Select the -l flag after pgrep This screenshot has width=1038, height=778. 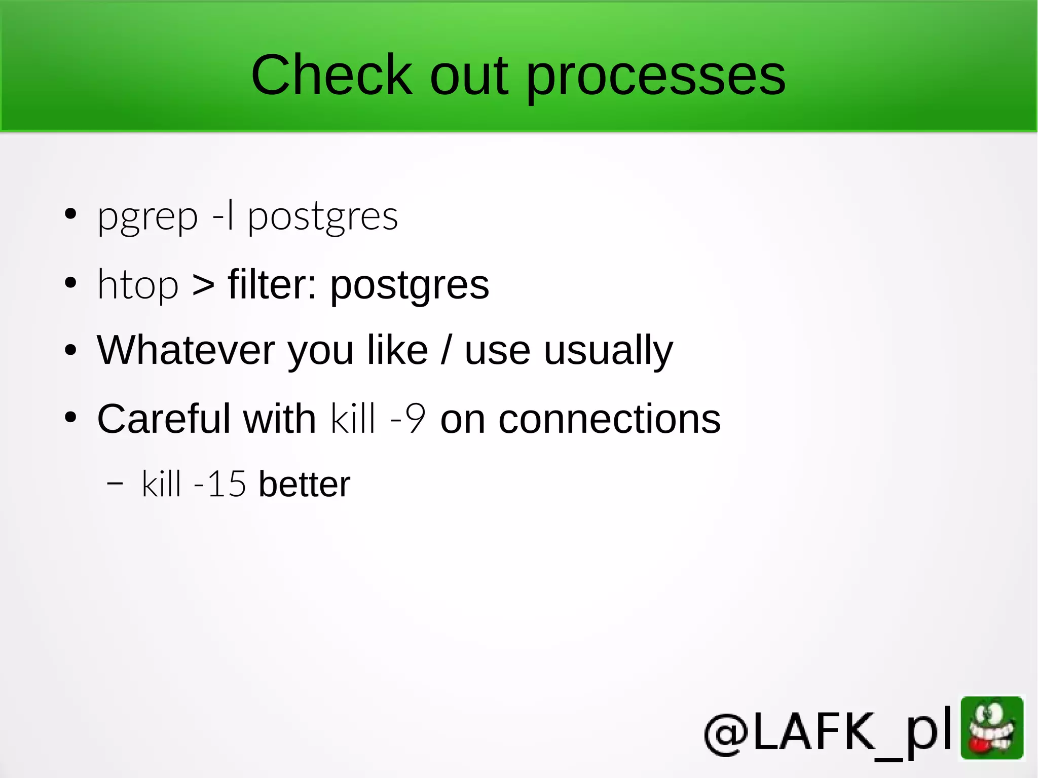click(224, 216)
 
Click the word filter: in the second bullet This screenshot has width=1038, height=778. click(273, 284)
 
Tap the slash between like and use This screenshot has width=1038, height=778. click(446, 350)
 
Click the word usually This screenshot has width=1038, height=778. click(608, 351)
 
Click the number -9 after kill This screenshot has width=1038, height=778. click(407, 419)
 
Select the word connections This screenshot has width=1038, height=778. click(609, 419)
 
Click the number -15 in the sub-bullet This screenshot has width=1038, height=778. click(220, 484)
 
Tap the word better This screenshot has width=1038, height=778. click(304, 484)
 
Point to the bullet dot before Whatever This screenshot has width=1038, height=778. click(70, 350)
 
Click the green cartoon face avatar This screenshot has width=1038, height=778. click(992, 728)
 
